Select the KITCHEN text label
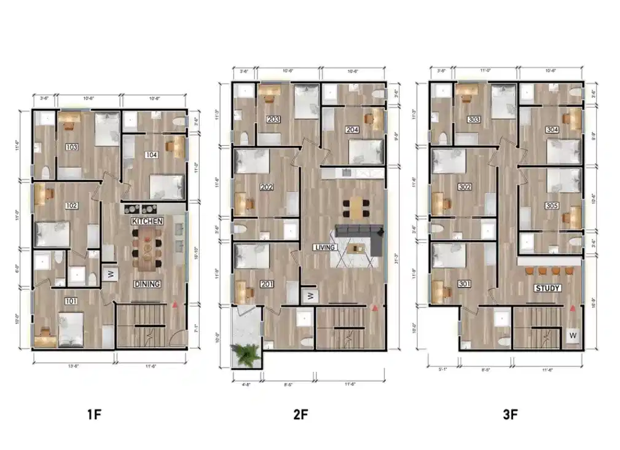tap(147, 220)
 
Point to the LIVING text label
tap(324, 248)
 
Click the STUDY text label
tap(547, 288)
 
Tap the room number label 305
tap(551, 206)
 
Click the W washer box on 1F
tap(111, 274)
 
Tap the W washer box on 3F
tap(573, 336)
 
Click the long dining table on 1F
tap(147, 247)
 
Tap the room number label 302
tap(465, 187)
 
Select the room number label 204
tap(352, 130)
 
